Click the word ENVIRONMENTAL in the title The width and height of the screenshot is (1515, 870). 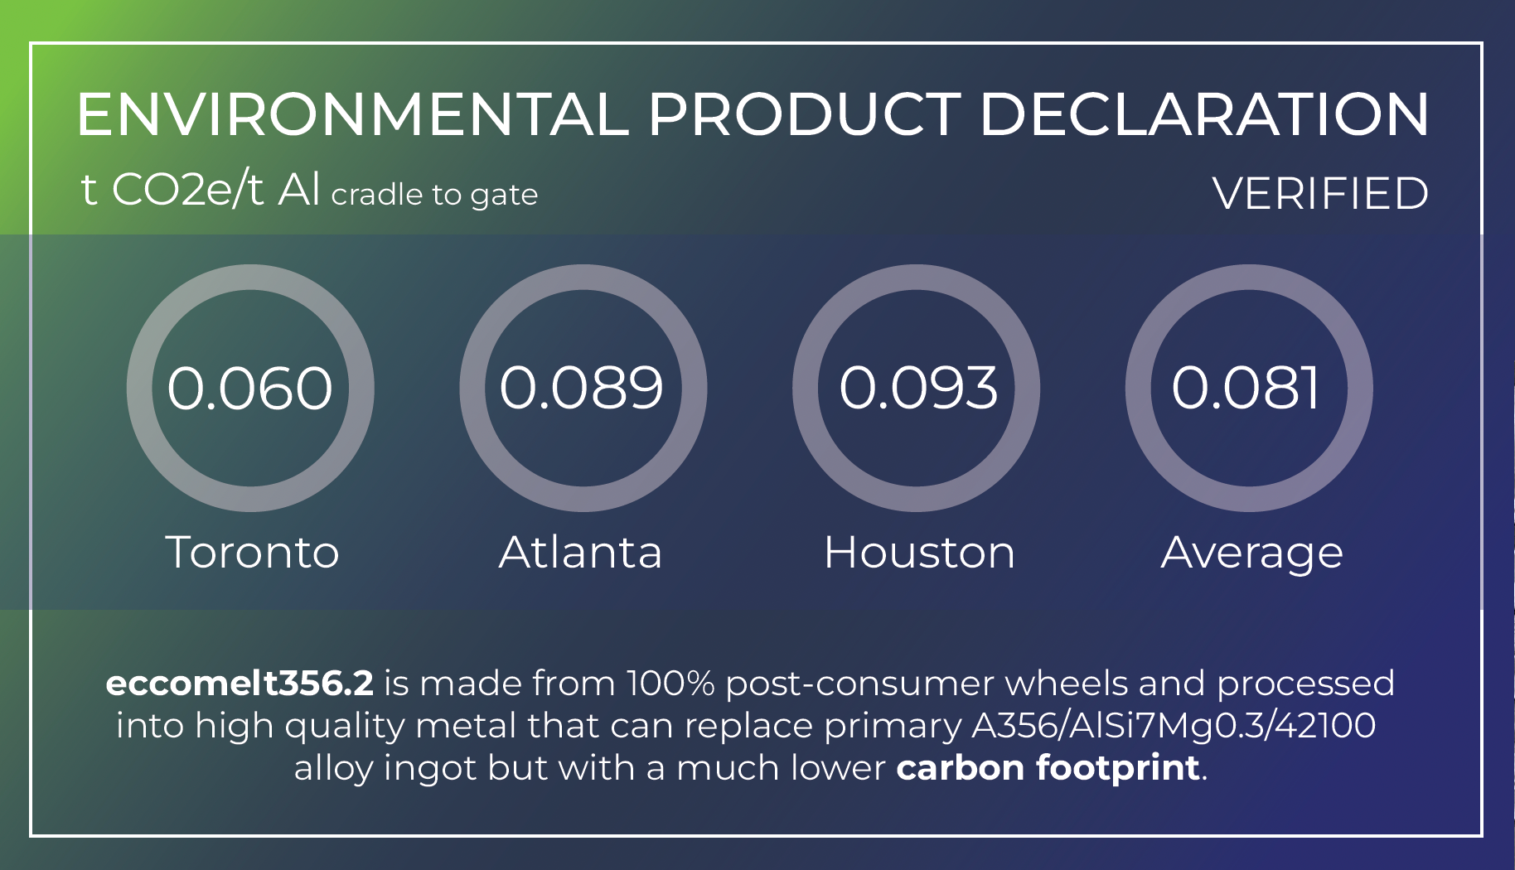(353, 114)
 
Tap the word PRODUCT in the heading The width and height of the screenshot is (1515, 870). (804, 114)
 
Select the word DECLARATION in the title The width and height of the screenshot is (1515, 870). (1204, 114)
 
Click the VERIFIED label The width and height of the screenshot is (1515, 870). (1320, 194)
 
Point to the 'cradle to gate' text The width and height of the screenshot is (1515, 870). (434, 195)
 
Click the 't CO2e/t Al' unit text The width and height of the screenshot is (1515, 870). (200, 190)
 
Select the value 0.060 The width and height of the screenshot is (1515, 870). (250, 388)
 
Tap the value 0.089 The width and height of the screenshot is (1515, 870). (582, 388)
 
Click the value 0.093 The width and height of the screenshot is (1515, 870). (918, 388)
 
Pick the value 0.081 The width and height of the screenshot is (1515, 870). (1245, 388)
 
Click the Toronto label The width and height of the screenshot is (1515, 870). (253, 552)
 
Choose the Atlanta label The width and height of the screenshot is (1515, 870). (580, 552)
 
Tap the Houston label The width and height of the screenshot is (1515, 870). (919, 552)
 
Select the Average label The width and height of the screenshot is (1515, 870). (1251, 553)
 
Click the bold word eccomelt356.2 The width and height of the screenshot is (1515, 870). (240, 684)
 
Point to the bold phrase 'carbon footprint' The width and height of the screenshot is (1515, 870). (1048, 768)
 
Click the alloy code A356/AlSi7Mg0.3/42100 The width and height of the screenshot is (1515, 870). (1174, 726)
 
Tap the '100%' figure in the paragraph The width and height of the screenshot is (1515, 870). (670, 684)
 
